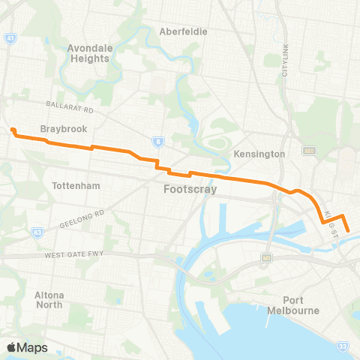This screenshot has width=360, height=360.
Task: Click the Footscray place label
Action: click(190, 190)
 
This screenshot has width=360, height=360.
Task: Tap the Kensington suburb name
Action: click(259, 154)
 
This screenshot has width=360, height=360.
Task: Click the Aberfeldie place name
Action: click(183, 31)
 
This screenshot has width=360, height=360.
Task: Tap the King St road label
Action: click(333, 221)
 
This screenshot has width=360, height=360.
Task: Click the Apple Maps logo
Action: click(26, 346)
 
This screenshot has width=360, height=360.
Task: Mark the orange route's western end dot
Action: click(13, 130)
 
